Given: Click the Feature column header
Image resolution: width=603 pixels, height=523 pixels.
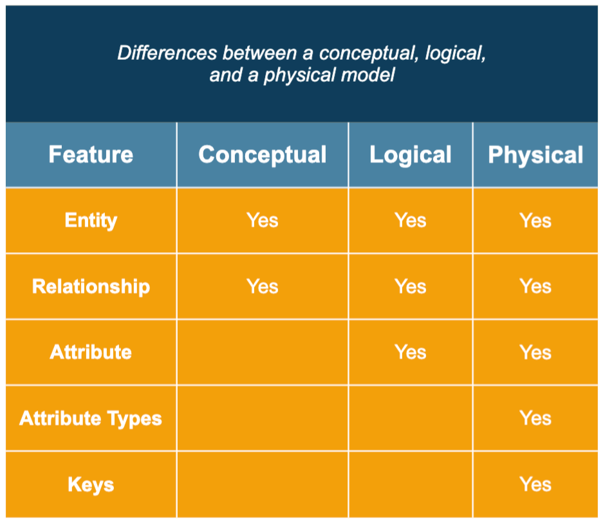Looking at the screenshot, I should coord(91,155).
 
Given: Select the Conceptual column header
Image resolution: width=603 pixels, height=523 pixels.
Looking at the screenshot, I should coord(263,155).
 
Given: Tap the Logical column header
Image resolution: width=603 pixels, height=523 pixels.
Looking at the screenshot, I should coord(411,155).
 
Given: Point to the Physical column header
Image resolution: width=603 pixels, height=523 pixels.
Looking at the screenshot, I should coord(535,155).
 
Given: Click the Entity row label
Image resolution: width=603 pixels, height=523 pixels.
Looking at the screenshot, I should coord(91,221).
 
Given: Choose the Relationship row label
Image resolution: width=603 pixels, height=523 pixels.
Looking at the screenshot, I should coord(91,286).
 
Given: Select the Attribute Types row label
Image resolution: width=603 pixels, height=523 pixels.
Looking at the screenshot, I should coord(91,419).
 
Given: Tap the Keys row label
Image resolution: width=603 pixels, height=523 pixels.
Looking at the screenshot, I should coord(91,484).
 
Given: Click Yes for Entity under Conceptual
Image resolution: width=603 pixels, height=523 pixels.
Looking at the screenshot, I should coord(263,221).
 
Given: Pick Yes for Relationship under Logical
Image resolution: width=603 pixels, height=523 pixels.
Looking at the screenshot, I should coord(411,286).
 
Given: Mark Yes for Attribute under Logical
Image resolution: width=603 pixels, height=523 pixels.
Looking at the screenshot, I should coord(411,353).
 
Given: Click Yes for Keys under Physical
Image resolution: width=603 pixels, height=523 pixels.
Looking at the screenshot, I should coord(535,484).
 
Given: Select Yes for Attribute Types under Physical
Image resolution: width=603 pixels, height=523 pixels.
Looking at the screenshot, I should coord(535,419).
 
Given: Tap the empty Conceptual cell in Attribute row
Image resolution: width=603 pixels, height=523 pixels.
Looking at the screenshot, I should coord(263,353).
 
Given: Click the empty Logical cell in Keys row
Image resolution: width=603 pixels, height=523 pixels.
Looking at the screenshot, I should coord(411,484).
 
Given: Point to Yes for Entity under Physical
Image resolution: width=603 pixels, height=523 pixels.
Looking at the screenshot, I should coord(535,221).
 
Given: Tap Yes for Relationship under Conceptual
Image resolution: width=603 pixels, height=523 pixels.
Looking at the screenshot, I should coord(263,286).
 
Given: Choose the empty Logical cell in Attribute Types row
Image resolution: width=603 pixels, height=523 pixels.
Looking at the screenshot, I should coord(411,419).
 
